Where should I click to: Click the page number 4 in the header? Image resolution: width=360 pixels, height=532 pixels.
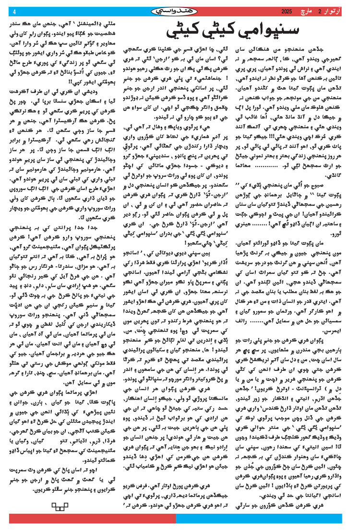click(14, 12)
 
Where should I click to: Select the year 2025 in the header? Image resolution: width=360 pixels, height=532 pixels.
click(286, 12)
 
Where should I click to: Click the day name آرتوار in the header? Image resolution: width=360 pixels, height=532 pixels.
click(337, 12)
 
